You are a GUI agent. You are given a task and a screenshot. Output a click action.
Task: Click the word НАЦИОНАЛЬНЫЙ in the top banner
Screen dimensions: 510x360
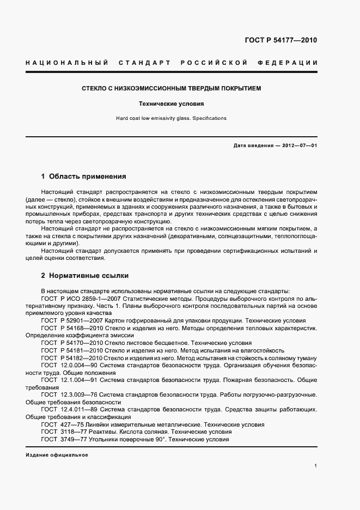(x=66, y=63)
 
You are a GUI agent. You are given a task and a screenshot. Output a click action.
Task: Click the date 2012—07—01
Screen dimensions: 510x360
(x=299, y=145)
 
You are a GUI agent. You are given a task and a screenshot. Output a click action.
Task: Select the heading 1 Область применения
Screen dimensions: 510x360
(x=83, y=177)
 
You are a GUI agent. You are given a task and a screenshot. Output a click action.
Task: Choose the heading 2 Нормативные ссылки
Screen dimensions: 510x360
(x=84, y=276)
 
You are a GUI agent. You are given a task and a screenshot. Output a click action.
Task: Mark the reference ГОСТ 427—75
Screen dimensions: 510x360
(x=61, y=424)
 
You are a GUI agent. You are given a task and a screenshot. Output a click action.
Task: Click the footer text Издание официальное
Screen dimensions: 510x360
(x=57, y=455)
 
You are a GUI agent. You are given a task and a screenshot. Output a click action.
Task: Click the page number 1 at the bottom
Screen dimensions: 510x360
(x=316, y=466)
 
